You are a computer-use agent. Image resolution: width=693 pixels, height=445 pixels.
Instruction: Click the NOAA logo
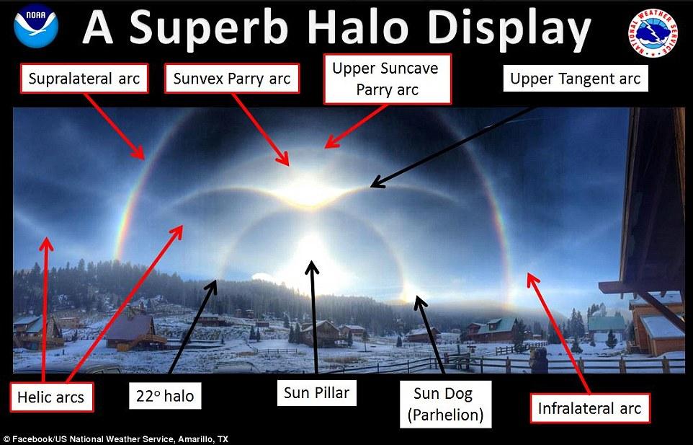(36, 27)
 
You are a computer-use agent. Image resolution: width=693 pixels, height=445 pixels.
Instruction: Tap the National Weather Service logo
(653, 32)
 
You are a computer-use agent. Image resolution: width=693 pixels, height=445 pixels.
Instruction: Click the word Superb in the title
(209, 27)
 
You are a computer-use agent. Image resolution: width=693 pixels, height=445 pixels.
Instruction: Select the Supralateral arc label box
(84, 79)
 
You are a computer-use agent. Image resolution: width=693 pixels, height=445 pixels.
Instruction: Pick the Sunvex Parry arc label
(232, 79)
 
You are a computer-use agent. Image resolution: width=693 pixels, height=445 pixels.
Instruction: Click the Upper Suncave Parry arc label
(388, 79)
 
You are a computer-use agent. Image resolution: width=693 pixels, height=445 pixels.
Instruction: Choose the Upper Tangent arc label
(576, 79)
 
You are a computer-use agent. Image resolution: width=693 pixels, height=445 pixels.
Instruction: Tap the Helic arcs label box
(51, 397)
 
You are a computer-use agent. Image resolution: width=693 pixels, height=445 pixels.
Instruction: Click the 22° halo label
(165, 395)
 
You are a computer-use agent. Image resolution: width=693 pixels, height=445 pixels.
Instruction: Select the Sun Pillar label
(316, 392)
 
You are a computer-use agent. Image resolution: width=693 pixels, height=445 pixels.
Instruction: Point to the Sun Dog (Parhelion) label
(445, 404)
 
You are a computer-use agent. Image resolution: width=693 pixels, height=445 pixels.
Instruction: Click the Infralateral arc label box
(589, 407)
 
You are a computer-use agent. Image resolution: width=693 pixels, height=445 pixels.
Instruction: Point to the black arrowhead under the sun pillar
(312, 267)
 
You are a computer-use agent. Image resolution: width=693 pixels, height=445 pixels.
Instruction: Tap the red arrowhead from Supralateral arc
(139, 153)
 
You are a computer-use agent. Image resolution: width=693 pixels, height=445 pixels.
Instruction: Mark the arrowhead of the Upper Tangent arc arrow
(377, 182)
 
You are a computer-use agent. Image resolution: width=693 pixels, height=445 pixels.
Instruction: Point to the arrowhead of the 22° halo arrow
(212, 287)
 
